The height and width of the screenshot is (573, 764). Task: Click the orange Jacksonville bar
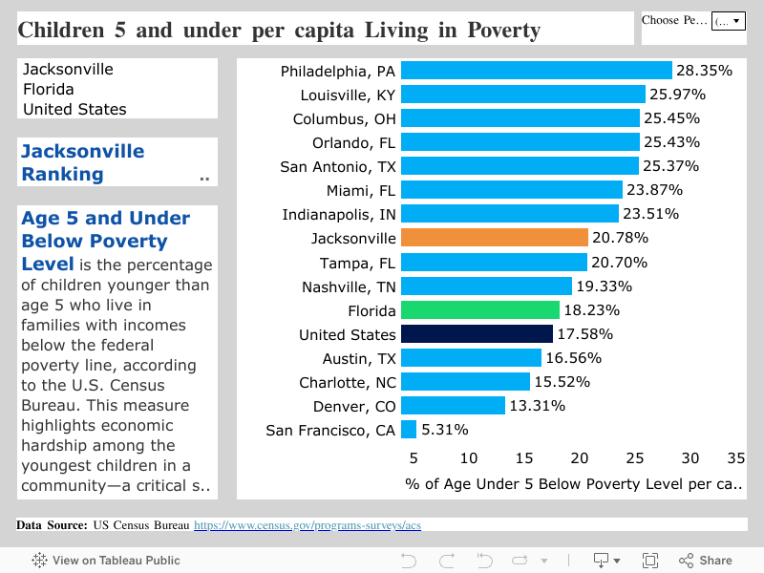click(x=494, y=238)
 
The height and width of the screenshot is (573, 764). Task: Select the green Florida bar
click(x=479, y=310)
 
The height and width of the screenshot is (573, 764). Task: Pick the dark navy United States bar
click(x=477, y=334)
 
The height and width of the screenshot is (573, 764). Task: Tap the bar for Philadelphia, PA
click(x=536, y=71)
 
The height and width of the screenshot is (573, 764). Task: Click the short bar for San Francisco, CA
click(x=409, y=430)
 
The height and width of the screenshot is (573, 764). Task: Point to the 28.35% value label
click(x=704, y=71)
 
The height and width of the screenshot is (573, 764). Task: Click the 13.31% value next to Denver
click(x=537, y=406)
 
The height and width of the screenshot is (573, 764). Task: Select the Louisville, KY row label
click(x=348, y=95)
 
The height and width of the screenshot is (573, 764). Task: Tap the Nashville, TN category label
click(x=349, y=286)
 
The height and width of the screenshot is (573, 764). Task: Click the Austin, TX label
click(x=358, y=358)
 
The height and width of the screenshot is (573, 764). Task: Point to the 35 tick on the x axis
click(x=735, y=458)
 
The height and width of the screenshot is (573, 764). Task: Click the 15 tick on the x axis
click(x=524, y=458)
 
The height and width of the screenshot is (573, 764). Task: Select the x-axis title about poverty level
click(x=573, y=484)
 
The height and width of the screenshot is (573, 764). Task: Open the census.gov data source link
click(x=308, y=525)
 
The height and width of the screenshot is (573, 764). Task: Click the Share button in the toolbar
click(x=706, y=561)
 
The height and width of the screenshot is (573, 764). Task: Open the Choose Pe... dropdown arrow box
click(x=730, y=21)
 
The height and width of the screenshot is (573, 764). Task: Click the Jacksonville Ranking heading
click(x=83, y=162)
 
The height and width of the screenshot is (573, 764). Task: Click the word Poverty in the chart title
click(x=503, y=31)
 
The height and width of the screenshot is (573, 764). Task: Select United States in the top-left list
click(x=74, y=109)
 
